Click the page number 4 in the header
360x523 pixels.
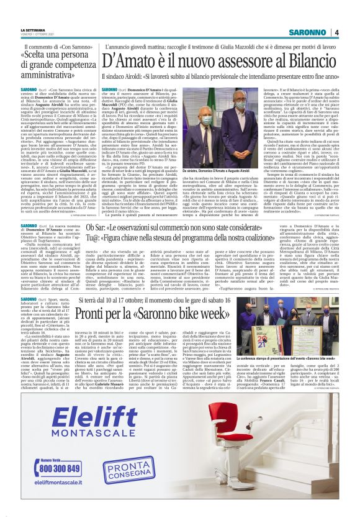[x=336, y=32]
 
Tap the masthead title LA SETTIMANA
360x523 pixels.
[x=32, y=29]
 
